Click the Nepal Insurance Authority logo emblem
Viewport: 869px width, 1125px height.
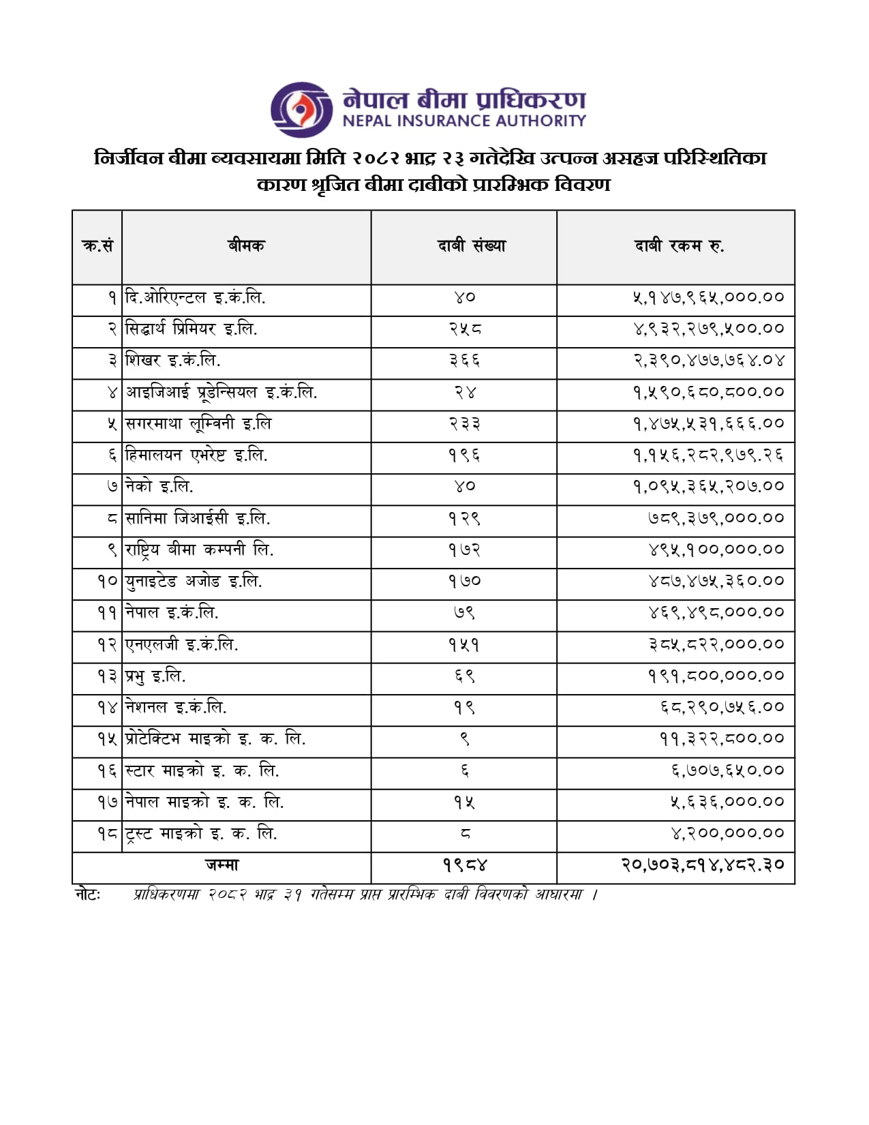(301, 109)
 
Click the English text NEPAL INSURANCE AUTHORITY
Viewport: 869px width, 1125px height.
(463, 121)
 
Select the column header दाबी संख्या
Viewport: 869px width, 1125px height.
(472, 246)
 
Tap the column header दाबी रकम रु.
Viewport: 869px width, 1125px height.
(679, 246)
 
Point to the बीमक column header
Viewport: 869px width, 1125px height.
(246, 246)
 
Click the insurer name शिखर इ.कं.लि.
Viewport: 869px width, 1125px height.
(173, 360)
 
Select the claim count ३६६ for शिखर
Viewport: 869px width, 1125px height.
(464, 360)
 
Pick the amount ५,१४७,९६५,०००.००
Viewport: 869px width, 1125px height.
(708, 297)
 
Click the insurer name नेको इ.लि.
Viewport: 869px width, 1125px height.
(159, 486)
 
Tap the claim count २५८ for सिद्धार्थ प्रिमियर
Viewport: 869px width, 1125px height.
(464, 329)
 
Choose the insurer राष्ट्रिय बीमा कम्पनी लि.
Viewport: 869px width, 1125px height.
(199, 550)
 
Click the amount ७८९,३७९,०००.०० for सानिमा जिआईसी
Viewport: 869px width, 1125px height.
(716, 518)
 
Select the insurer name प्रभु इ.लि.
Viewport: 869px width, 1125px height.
(155, 676)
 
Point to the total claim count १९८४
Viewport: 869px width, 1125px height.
(465, 865)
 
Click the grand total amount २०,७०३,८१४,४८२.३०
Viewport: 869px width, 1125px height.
(702, 865)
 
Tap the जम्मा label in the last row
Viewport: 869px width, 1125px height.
(222, 865)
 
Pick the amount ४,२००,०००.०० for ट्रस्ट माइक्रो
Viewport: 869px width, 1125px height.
(727, 833)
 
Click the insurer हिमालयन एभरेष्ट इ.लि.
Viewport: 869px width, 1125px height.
(196, 455)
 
